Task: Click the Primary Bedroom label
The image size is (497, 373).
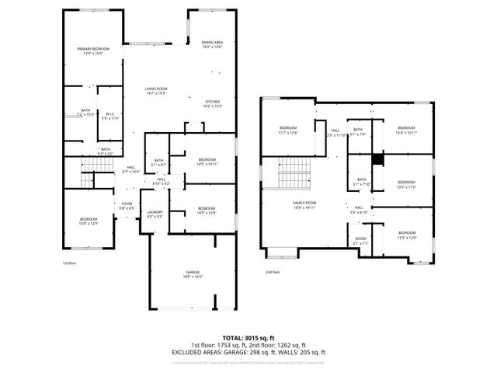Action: [93, 49]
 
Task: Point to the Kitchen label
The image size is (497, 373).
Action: [212, 102]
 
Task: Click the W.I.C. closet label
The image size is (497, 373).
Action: [110, 113]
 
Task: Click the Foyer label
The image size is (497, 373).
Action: [127, 204]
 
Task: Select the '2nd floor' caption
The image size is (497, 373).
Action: [273, 272]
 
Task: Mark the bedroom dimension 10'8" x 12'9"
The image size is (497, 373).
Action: [88, 224]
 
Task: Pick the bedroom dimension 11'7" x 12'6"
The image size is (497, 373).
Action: [288, 133]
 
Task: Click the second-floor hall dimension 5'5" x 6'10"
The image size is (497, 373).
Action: [359, 212]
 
